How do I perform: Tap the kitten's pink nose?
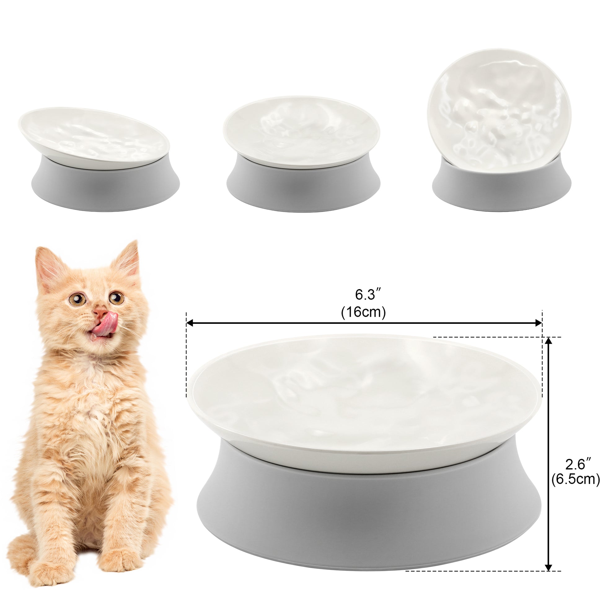(x=100, y=311)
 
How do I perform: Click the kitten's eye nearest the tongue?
(x=117, y=298)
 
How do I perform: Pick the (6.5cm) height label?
(x=575, y=488)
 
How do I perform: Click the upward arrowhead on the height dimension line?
(x=548, y=342)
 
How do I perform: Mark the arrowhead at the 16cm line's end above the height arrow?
(x=537, y=323)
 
